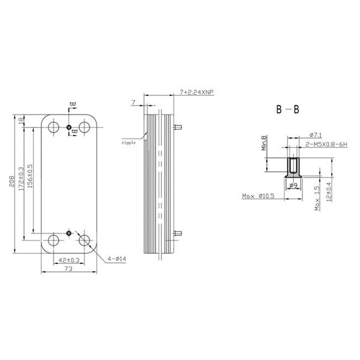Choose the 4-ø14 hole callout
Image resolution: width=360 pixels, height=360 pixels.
click(x=118, y=259)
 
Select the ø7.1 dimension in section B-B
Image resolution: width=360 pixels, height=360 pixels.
click(x=316, y=135)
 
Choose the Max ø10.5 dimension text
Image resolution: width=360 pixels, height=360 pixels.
click(x=259, y=196)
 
